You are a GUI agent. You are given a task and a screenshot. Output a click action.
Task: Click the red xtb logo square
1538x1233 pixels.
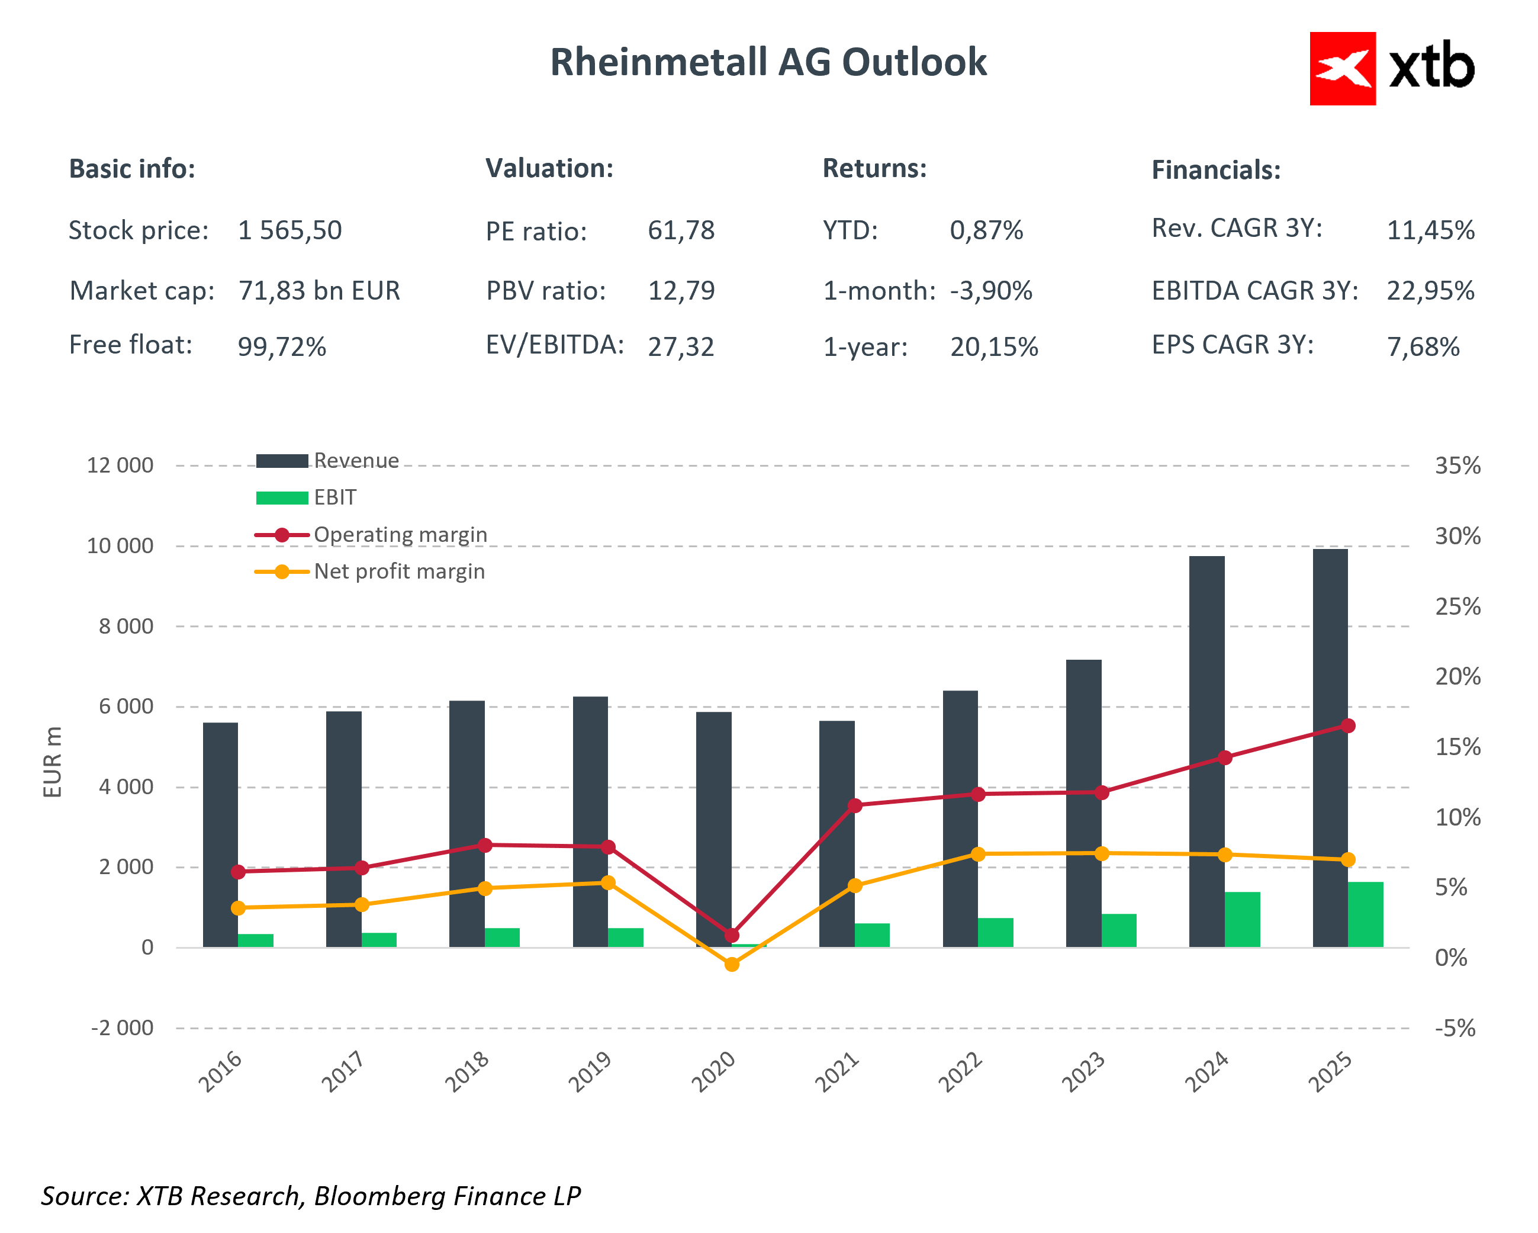tap(1342, 69)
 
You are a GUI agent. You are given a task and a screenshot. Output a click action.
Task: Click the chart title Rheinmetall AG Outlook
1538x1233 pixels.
tap(768, 62)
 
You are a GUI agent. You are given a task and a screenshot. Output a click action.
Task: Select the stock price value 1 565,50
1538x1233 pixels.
tap(289, 230)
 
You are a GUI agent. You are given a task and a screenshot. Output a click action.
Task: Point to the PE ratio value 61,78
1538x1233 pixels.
tap(681, 230)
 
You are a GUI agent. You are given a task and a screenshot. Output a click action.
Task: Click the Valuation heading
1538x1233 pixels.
tap(549, 168)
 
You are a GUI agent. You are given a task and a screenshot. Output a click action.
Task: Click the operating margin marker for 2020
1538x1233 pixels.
tap(732, 935)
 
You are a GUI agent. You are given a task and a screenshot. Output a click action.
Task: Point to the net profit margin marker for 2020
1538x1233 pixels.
tap(732, 965)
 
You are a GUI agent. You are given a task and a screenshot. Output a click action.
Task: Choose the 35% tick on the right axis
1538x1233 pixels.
tap(1457, 466)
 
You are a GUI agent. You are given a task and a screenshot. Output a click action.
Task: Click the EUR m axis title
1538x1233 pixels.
tap(53, 762)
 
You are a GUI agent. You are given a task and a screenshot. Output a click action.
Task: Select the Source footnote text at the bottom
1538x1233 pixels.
tap(311, 1196)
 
